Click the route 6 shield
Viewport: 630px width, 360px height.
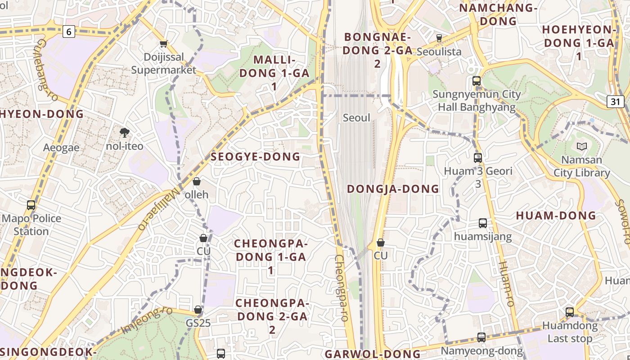[68, 31]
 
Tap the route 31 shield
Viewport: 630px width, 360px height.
[615, 101]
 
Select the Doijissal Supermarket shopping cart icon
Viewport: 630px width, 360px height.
[164, 44]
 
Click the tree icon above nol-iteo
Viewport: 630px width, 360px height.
[125, 132]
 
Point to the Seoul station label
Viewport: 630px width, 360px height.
[356, 118]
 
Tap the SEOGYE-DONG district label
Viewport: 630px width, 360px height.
[255, 157]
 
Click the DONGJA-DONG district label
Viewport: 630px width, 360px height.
[393, 189]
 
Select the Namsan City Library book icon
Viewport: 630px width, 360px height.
[582, 146]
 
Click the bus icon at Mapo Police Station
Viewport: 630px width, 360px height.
[31, 205]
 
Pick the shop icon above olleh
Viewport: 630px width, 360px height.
[197, 181]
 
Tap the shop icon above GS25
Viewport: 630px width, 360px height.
[198, 310]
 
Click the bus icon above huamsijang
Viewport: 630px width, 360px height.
[483, 223]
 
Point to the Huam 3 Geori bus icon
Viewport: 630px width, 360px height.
[478, 158]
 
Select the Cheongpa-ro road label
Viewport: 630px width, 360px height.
[341, 288]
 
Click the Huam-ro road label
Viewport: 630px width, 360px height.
[506, 283]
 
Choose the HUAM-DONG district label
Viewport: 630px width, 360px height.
[556, 216]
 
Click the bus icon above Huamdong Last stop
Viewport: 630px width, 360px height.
[570, 312]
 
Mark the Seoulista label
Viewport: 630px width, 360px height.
[439, 52]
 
